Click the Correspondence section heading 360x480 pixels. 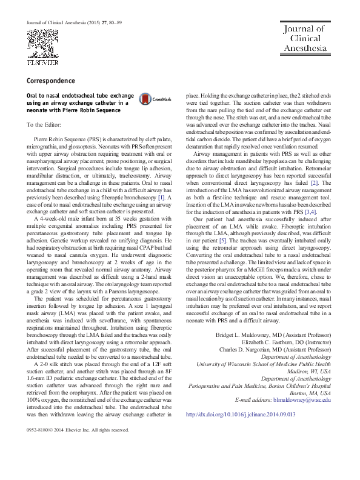coord(51,81)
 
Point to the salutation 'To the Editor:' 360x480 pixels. coord(44,125)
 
